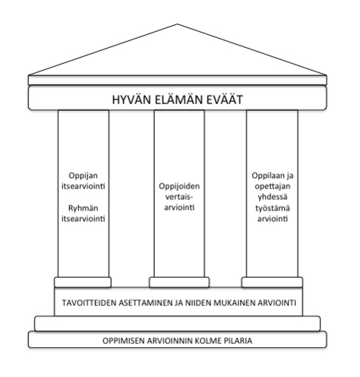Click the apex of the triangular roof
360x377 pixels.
(178, 24)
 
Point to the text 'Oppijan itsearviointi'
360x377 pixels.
(84, 181)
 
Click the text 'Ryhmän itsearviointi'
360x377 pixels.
(84, 214)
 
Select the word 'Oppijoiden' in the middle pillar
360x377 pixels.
(179, 186)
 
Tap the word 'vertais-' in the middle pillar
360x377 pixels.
(179, 197)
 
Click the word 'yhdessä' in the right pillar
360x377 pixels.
(273, 197)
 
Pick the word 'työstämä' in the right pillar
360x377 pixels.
(273, 208)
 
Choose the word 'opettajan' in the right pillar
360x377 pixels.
(273, 186)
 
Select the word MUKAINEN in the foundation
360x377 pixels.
(234, 303)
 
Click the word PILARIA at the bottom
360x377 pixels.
(238, 341)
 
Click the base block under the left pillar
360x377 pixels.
(83, 282)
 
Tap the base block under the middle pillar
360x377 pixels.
(179, 282)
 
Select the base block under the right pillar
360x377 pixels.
(272, 282)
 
